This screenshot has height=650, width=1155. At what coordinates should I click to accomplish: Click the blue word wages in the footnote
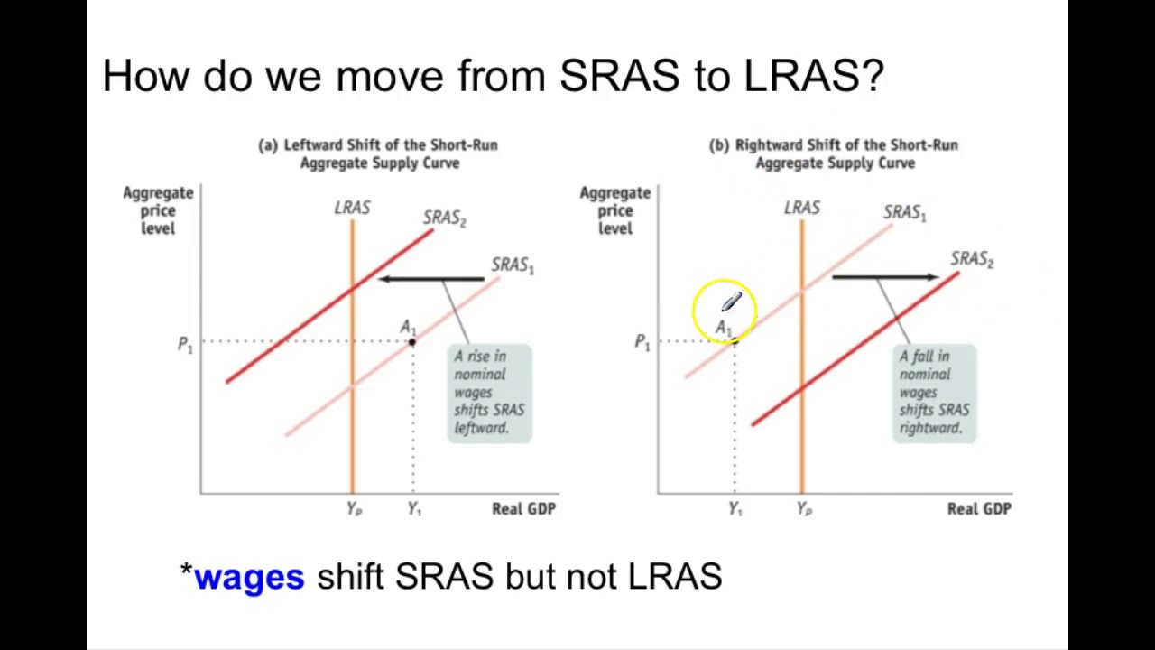(x=249, y=577)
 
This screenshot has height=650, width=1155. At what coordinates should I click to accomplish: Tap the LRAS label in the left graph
(x=352, y=209)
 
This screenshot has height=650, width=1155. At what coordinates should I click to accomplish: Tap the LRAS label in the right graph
(x=802, y=209)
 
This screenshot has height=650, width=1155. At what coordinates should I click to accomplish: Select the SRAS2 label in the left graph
(x=444, y=218)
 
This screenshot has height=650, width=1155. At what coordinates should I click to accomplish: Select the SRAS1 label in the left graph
(x=513, y=265)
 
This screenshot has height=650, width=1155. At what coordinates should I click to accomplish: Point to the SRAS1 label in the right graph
(x=904, y=213)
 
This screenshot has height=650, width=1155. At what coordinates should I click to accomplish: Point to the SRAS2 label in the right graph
(x=972, y=260)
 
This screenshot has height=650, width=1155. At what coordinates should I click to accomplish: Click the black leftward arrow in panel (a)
(x=431, y=279)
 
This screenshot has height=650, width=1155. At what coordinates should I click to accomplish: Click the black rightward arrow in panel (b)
(x=885, y=277)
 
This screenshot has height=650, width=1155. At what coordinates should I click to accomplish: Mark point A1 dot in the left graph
(x=412, y=341)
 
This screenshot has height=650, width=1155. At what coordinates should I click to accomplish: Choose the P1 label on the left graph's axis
(x=185, y=345)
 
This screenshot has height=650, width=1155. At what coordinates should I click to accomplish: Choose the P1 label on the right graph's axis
(x=642, y=342)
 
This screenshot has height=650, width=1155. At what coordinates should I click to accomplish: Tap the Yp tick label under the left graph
(x=354, y=509)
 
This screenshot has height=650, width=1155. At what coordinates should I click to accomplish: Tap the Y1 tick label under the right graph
(x=735, y=509)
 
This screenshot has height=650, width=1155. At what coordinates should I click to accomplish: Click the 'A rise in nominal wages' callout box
(x=489, y=393)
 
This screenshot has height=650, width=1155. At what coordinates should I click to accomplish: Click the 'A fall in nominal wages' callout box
(x=934, y=393)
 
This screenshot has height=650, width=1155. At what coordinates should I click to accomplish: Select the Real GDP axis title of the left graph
(x=523, y=509)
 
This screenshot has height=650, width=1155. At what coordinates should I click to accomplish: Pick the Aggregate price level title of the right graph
(x=614, y=210)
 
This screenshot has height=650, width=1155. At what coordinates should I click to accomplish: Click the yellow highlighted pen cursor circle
(x=724, y=310)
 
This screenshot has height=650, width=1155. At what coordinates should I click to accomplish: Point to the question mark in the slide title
(x=873, y=76)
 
